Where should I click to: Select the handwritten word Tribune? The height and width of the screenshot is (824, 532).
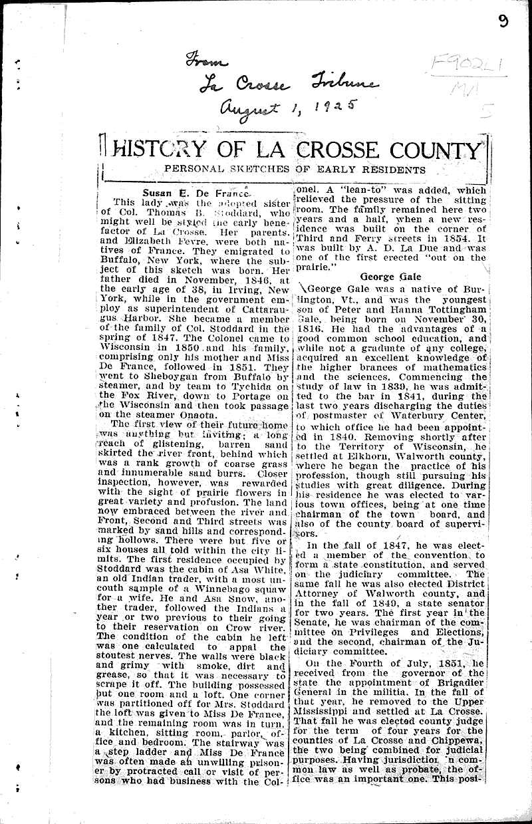tap(341, 84)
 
